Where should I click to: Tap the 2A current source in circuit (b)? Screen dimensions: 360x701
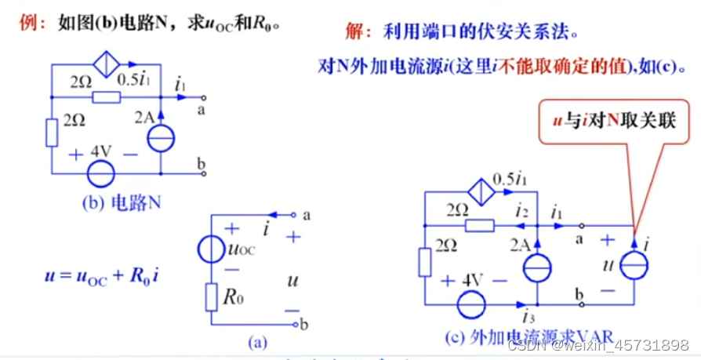click(160, 136)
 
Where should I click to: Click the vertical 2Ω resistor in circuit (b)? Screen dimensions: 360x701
click(52, 133)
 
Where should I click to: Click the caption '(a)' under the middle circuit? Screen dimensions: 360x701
click(256, 341)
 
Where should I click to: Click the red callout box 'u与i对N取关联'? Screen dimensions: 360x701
click(614, 123)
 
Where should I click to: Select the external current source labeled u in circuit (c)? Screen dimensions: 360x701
click(634, 265)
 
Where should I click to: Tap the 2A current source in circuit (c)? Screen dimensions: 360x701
click(537, 264)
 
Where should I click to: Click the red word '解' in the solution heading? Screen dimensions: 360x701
click(353, 31)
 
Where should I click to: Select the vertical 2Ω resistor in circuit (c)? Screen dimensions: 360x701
click(425, 262)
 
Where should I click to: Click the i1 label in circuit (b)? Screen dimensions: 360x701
click(181, 83)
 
